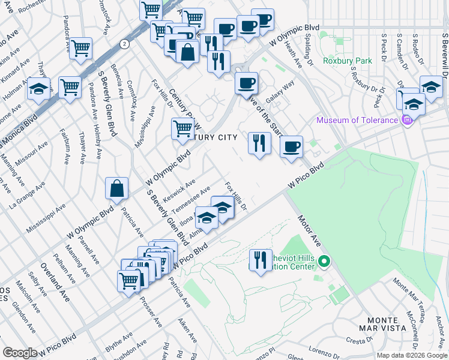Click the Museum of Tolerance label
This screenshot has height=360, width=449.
tap(357, 120)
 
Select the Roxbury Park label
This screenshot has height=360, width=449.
tap(348, 61)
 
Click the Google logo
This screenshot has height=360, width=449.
tap(20, 352)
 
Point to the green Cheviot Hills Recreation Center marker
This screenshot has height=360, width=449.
tap(324, 262)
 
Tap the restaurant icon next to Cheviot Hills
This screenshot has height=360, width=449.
tap(260, 260)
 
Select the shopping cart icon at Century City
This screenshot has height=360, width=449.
tap(182, 128)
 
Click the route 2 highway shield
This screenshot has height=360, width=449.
tap(124, 44)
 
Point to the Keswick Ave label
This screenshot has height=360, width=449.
tap(179, 190)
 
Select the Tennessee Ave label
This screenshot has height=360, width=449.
tap(191, 200)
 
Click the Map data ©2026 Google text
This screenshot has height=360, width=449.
tap(411, 355)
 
